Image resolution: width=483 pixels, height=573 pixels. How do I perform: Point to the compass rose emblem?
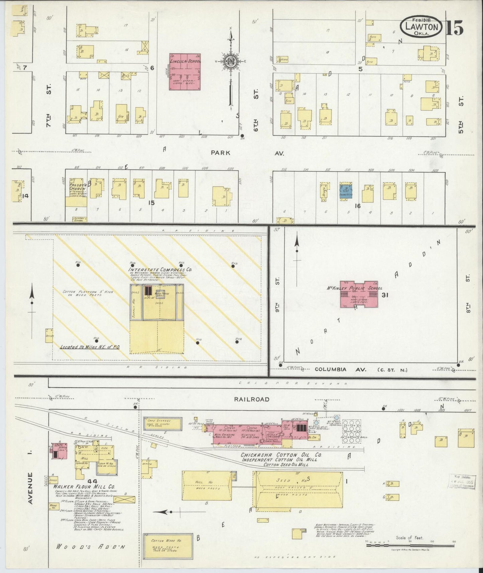(230, 62)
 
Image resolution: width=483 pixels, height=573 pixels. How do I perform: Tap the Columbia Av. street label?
(341, 370)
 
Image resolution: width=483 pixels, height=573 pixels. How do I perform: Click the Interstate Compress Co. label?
(161, 269)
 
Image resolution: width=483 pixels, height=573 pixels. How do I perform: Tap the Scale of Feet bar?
(409, 545)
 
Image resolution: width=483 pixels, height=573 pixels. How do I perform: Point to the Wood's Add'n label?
(90, 547)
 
